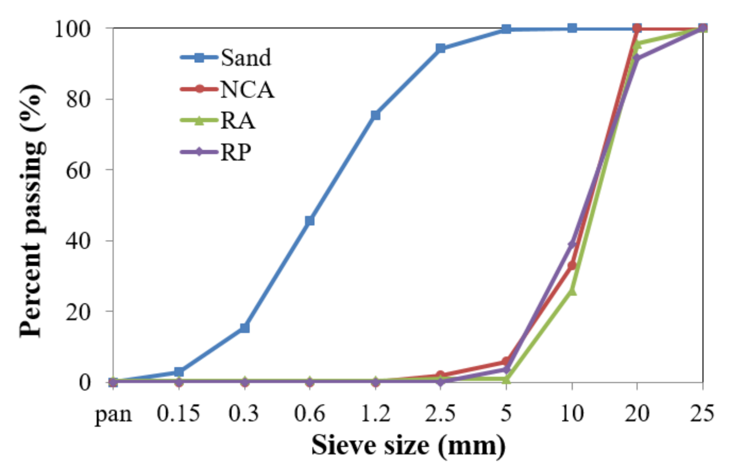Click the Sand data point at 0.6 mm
pos(310,221)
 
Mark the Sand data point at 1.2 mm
pos(375,115)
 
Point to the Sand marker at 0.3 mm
pos(245,328)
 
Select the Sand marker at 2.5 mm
pos(440,49)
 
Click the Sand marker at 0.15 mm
pos(179,372)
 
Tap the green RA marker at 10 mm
pos(572,291)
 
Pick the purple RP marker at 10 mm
pos(572,244)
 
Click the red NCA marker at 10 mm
pos(572,266)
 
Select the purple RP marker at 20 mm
pos(637,58)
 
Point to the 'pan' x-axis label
pos(113,413)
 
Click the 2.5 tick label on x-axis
pos(440,413)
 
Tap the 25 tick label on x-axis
pos(702,413)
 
